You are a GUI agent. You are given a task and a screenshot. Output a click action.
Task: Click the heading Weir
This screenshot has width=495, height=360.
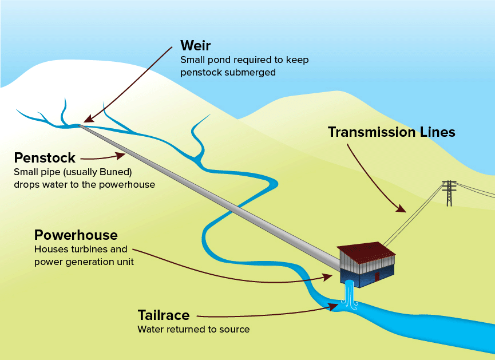pyautogui.click(x=196, y=46)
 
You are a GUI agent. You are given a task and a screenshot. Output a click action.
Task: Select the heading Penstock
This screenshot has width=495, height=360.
pyautogui.click(x=45, y=157)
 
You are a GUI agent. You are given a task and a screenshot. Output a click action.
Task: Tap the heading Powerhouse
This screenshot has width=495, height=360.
pyautogui.click(x=76, y=235)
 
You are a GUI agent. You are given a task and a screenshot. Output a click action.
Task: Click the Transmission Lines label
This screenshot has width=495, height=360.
pyautogui.click(x=391, y=132)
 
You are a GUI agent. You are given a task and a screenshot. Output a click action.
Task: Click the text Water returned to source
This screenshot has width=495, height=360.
pyautogui.click(x=193, y=330)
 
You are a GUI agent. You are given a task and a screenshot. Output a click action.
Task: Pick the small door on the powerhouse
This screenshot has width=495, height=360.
pyautogui.click(x=377, y=276)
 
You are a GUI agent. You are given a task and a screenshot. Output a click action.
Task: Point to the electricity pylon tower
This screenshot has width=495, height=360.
pyautogui.click(x=449, y=193)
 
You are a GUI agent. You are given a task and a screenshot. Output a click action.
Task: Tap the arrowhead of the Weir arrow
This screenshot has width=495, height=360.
pyautogui.click(x=87, y=120)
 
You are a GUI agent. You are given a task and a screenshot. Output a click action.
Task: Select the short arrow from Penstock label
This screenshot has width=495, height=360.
pyautogui.click(x=103, y=156)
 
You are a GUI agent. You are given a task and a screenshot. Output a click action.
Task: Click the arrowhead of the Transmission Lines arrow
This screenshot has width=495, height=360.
pyautogui.click(x=403, y=209)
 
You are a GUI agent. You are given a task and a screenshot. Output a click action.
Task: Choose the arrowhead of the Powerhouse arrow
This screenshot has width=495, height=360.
pyautogui.click(x=328, y=277)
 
